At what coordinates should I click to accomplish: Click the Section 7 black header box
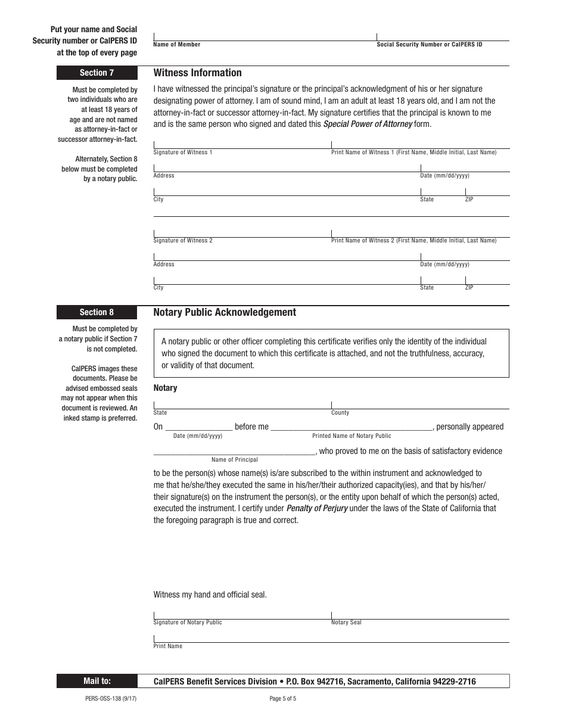pos(97,73)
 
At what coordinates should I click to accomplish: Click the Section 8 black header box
pos(97,312)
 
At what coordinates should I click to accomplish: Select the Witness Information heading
pos(197,73)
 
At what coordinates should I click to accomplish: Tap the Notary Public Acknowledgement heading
pos(225,312)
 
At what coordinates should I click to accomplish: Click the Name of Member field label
pos(177,45)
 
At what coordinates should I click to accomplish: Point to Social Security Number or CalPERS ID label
pos(430,45)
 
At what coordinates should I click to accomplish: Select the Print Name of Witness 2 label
pos(413,241)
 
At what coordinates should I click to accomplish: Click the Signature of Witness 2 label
pos(183,241)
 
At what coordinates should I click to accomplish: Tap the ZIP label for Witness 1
pos(469,200)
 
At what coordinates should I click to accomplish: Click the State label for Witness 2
pos(427,288)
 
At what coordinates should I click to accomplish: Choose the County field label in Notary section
pos(340,413)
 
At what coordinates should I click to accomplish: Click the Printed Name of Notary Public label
pos(352,436)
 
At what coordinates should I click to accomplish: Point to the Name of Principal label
pos(235,460)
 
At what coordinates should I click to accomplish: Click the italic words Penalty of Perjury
pos(317,509)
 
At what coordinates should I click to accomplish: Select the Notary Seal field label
pos(346,623)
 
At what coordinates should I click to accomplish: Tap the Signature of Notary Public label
pos(188,623)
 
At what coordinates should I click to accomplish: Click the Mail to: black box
pos(97,681)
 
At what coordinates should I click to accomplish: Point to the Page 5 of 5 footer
pos(283,699)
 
